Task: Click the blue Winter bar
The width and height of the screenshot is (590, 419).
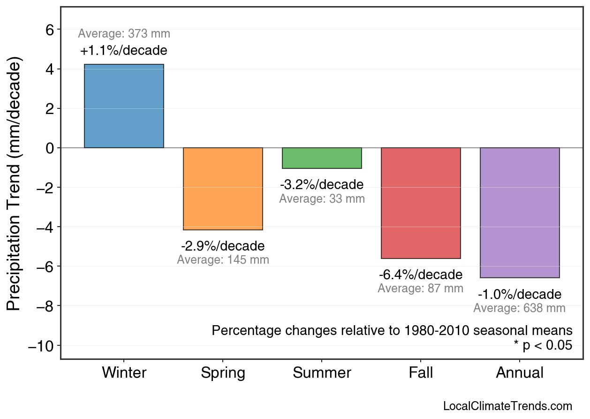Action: (x=124, y=106)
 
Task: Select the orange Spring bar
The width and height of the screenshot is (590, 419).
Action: (x=223, y=189)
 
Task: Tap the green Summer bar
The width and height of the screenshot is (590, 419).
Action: (x=322, y=158)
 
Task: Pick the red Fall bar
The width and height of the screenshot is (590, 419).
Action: (x=421, y=203)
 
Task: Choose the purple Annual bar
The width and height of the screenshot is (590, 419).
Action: (x=520, y=213)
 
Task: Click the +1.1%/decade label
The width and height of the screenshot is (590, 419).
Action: (x=124, y=50)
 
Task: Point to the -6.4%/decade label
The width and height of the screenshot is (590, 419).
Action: (x=421, y=274)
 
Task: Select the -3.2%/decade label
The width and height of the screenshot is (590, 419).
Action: (x=322, y=184)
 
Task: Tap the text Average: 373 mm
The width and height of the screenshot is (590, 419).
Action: (x=124, y=34)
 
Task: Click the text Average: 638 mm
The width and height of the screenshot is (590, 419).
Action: (x=519, y=308)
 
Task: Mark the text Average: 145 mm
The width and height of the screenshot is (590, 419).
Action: (x=223, y=260)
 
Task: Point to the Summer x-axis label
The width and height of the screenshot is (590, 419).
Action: (x=322, y=373)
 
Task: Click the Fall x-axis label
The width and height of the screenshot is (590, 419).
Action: (x=421, y=373)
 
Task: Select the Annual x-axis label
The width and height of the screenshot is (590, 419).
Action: (x=520, y=373)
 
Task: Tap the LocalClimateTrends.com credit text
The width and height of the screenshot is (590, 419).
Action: (x=507, y=406)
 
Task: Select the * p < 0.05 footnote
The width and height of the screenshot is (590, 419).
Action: (x=543, y=345)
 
